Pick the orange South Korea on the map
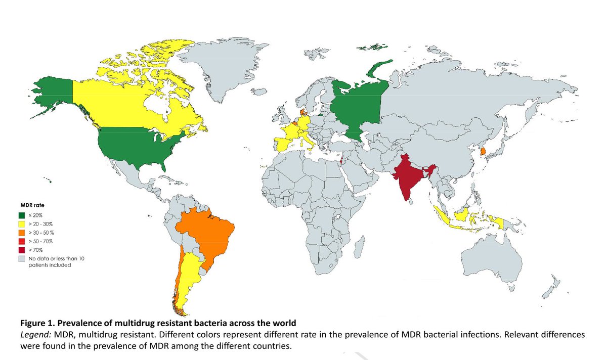pos(483,151)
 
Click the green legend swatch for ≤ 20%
pos(21,215)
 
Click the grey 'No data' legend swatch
pos(21,258)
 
